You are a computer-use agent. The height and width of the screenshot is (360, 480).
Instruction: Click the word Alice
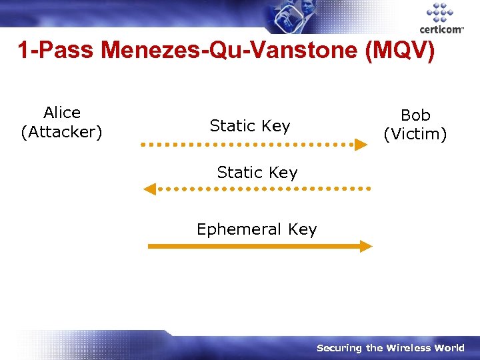pyautogui.click(x=62, y=113)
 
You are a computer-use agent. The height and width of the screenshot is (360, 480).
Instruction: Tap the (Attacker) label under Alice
pyautogui.click(x=62, y=132)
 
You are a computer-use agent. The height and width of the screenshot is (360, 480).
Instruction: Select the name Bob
pyautogui.click(x=415, y=115)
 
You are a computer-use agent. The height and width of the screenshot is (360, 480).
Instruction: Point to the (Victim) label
pyautogui.click(x=415, y=134)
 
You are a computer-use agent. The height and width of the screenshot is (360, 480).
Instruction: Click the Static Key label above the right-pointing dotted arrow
pyautogui.click(x=250, y=125)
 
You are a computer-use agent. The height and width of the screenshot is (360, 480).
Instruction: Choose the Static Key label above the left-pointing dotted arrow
pyautogui.click(x=257, y=173)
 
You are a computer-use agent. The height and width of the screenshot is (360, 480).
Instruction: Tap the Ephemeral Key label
pyautogui.click(x=257, y=229)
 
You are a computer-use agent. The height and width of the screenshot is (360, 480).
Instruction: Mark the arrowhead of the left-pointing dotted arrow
pyautogui.click(x=150, y=189)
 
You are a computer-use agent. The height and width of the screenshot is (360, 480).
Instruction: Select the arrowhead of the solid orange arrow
pyautogui.click(x=365, y=246)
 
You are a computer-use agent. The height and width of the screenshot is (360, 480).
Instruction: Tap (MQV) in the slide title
pyautogui.click(x=401, y=51)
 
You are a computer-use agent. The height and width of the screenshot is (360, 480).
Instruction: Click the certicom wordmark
pyautogui.click(x=441, y=30)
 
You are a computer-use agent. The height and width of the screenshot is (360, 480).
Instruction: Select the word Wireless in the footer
pyautogui.click(x=407, y=348)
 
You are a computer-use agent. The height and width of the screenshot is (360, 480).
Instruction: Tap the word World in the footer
pyautogui.click(x=449, y=348)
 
